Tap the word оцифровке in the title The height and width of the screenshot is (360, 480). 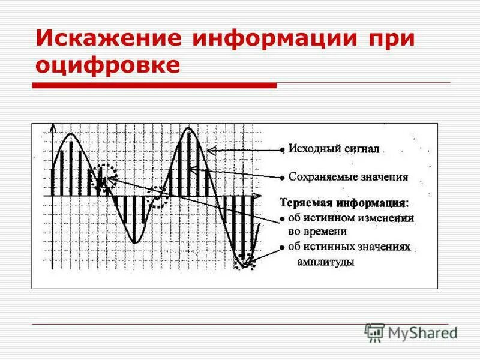click(x=108, y=65)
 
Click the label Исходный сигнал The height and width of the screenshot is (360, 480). click(x=334, y=149)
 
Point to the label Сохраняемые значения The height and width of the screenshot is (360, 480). click(x=348, y=177)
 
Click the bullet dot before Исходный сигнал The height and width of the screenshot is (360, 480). click(x=281, y=149)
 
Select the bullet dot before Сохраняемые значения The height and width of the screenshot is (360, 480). click(x=281, y=178)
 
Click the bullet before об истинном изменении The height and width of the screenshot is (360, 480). click(x=281, y=218)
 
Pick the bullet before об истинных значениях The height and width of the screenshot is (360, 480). click(x=281, y=247)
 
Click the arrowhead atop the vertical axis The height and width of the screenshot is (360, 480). click(x=53, y=128)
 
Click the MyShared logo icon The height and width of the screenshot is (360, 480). click(x=375, y=332)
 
